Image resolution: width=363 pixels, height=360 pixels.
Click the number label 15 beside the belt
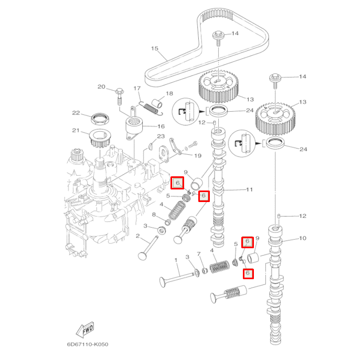(155, 49)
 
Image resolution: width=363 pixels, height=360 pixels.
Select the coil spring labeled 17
(152, 108)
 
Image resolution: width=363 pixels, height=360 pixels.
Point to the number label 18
(169, 93)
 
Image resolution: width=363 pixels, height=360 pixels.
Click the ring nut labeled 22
(100, 116)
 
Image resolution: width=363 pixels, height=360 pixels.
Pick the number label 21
(77, 131)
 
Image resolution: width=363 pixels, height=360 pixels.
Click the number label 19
(198, 156)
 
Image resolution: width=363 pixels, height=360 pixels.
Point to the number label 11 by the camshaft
(249, 189)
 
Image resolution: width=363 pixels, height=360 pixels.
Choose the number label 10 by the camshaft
(303, 238)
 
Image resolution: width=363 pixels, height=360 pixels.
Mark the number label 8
(154, 215)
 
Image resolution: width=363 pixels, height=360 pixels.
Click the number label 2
(137, 237)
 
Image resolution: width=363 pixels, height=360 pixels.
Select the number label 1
(176, 260)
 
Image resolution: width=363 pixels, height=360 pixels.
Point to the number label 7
(199, 254)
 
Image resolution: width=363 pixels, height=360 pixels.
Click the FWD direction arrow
(86, 329)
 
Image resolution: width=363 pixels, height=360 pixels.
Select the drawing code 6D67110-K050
(88, 344)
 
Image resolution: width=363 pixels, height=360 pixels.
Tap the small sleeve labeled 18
(156, 102)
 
